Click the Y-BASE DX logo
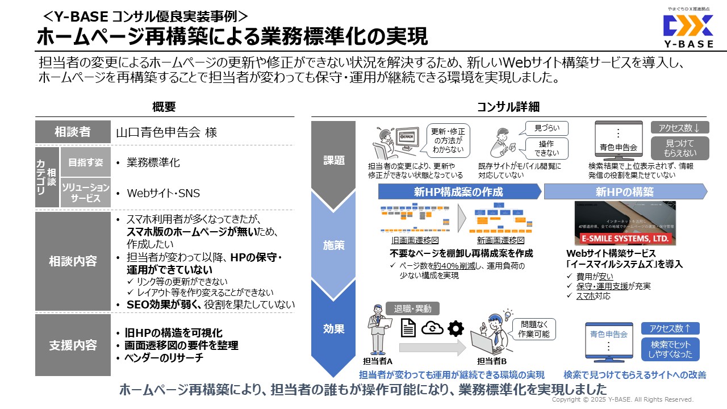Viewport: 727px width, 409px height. coord(688,27)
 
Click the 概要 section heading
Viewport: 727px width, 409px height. coord(164,107)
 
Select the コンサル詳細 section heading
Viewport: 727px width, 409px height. coord(508,107)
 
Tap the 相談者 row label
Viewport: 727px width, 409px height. coord(73,132)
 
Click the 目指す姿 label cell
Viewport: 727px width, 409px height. coord(82,162)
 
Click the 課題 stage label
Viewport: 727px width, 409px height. coord(334,160)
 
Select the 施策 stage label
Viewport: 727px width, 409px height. coord(334,245)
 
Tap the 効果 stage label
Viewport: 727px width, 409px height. coord(334,329)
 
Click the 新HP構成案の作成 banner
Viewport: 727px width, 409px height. coord(458,192)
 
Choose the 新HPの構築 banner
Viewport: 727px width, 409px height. coord(625,192)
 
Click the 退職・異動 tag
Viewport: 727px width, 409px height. coord(412,309)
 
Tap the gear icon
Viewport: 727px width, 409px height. coord(456,328)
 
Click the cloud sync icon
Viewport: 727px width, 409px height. coord(432,328)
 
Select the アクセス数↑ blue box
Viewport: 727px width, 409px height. coord(670,328)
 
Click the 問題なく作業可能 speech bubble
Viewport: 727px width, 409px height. coord(534,329)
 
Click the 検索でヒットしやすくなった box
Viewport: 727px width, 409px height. coord(670,349)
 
